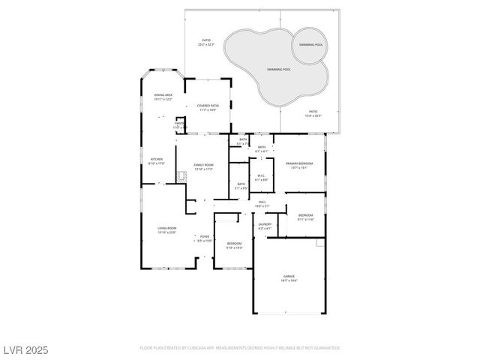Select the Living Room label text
point(166,229)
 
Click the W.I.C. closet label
point(261,178)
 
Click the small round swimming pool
point(309,45)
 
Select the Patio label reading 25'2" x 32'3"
point(206,42)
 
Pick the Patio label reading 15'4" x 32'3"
point(313,113)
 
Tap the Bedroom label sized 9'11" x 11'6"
point(305,217)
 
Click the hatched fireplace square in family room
point(181,177)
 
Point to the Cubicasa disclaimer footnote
point(240,348)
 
